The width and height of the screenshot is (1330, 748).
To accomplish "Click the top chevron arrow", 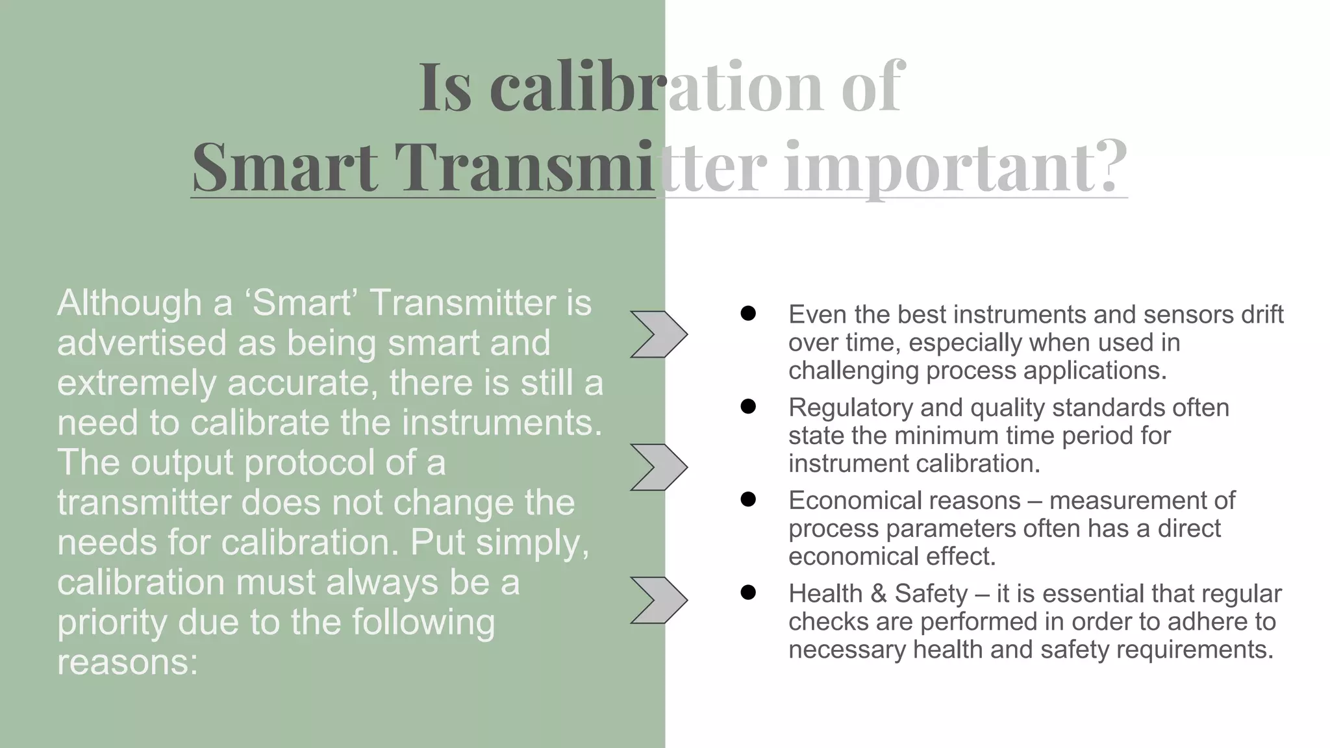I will tap(659, 334).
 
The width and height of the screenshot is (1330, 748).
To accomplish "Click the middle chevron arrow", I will tap(659, 467).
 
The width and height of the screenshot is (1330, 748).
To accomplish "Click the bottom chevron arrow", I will tap(659, 600).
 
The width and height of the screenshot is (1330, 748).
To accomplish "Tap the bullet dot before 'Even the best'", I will tap(748, 314).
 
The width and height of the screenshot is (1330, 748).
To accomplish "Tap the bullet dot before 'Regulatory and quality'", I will tap(748, 407).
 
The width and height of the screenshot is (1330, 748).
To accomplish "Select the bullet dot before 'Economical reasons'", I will tap(748, 500).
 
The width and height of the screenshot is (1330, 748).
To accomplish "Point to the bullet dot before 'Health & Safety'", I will tap(748, 593).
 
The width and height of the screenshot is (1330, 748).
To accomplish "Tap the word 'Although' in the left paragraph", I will tap(129, 303).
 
